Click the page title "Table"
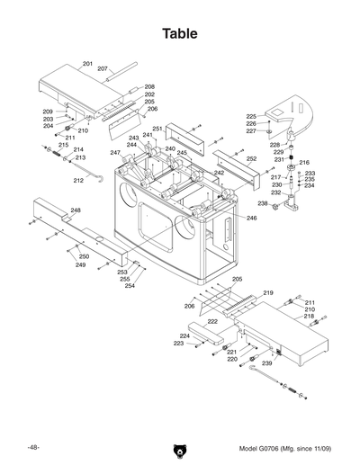point(179,34)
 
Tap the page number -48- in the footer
point(32,447)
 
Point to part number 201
point(87,64)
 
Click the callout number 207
point(103,69)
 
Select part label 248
point(76,210)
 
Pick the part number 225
point(251,116)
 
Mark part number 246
point(252,219)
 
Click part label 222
point(212,321)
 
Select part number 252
point(252,158)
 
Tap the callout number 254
point(130,286)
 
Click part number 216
point(304,163)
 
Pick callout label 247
point(115,153)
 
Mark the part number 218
point(309,317)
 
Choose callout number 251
point(157,130)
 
